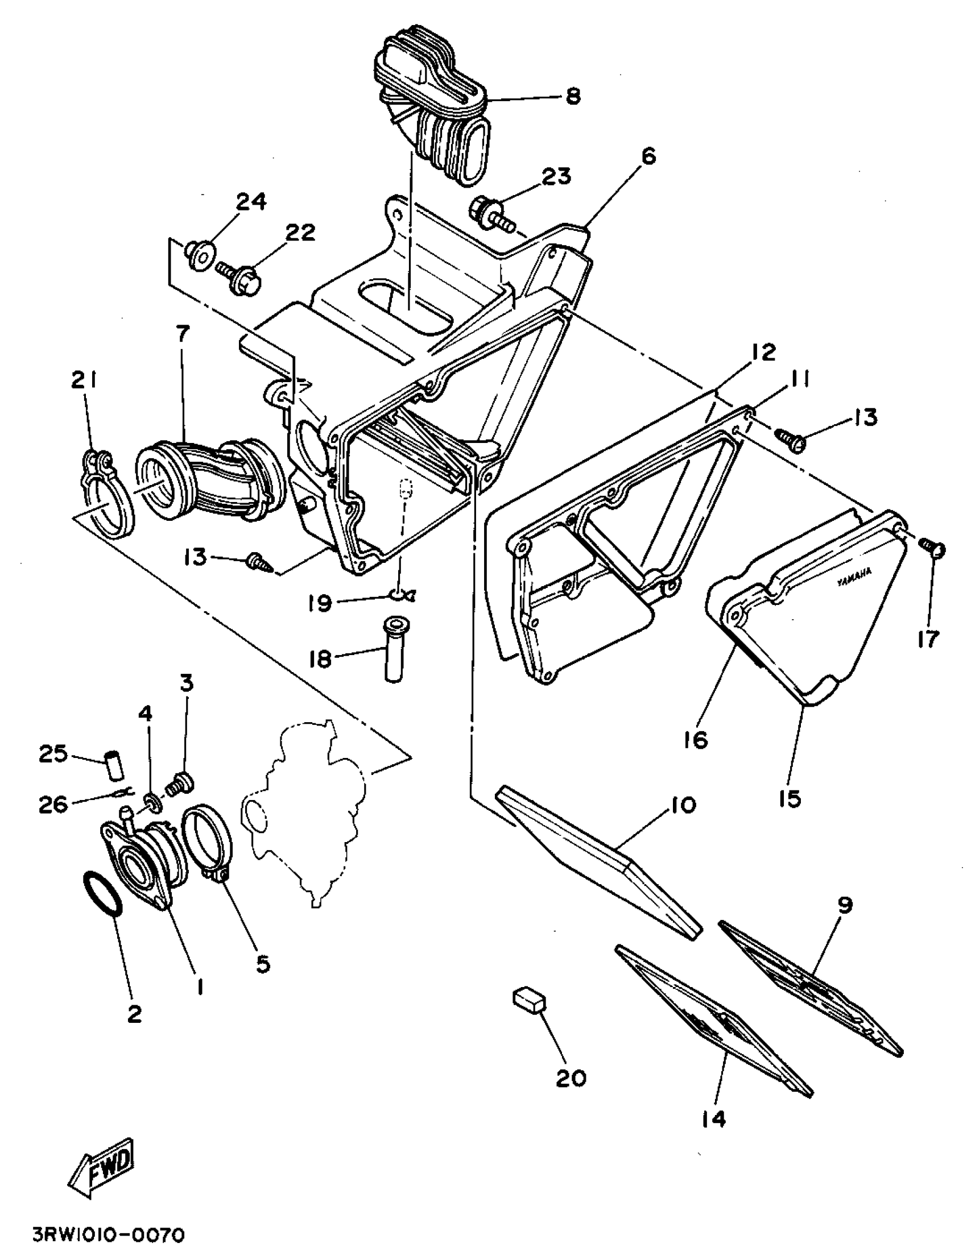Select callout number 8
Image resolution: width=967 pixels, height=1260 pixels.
(573, 96)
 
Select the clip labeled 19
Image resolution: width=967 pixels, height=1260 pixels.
(400, 594)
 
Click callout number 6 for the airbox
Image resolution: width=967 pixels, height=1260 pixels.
(648, 156)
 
